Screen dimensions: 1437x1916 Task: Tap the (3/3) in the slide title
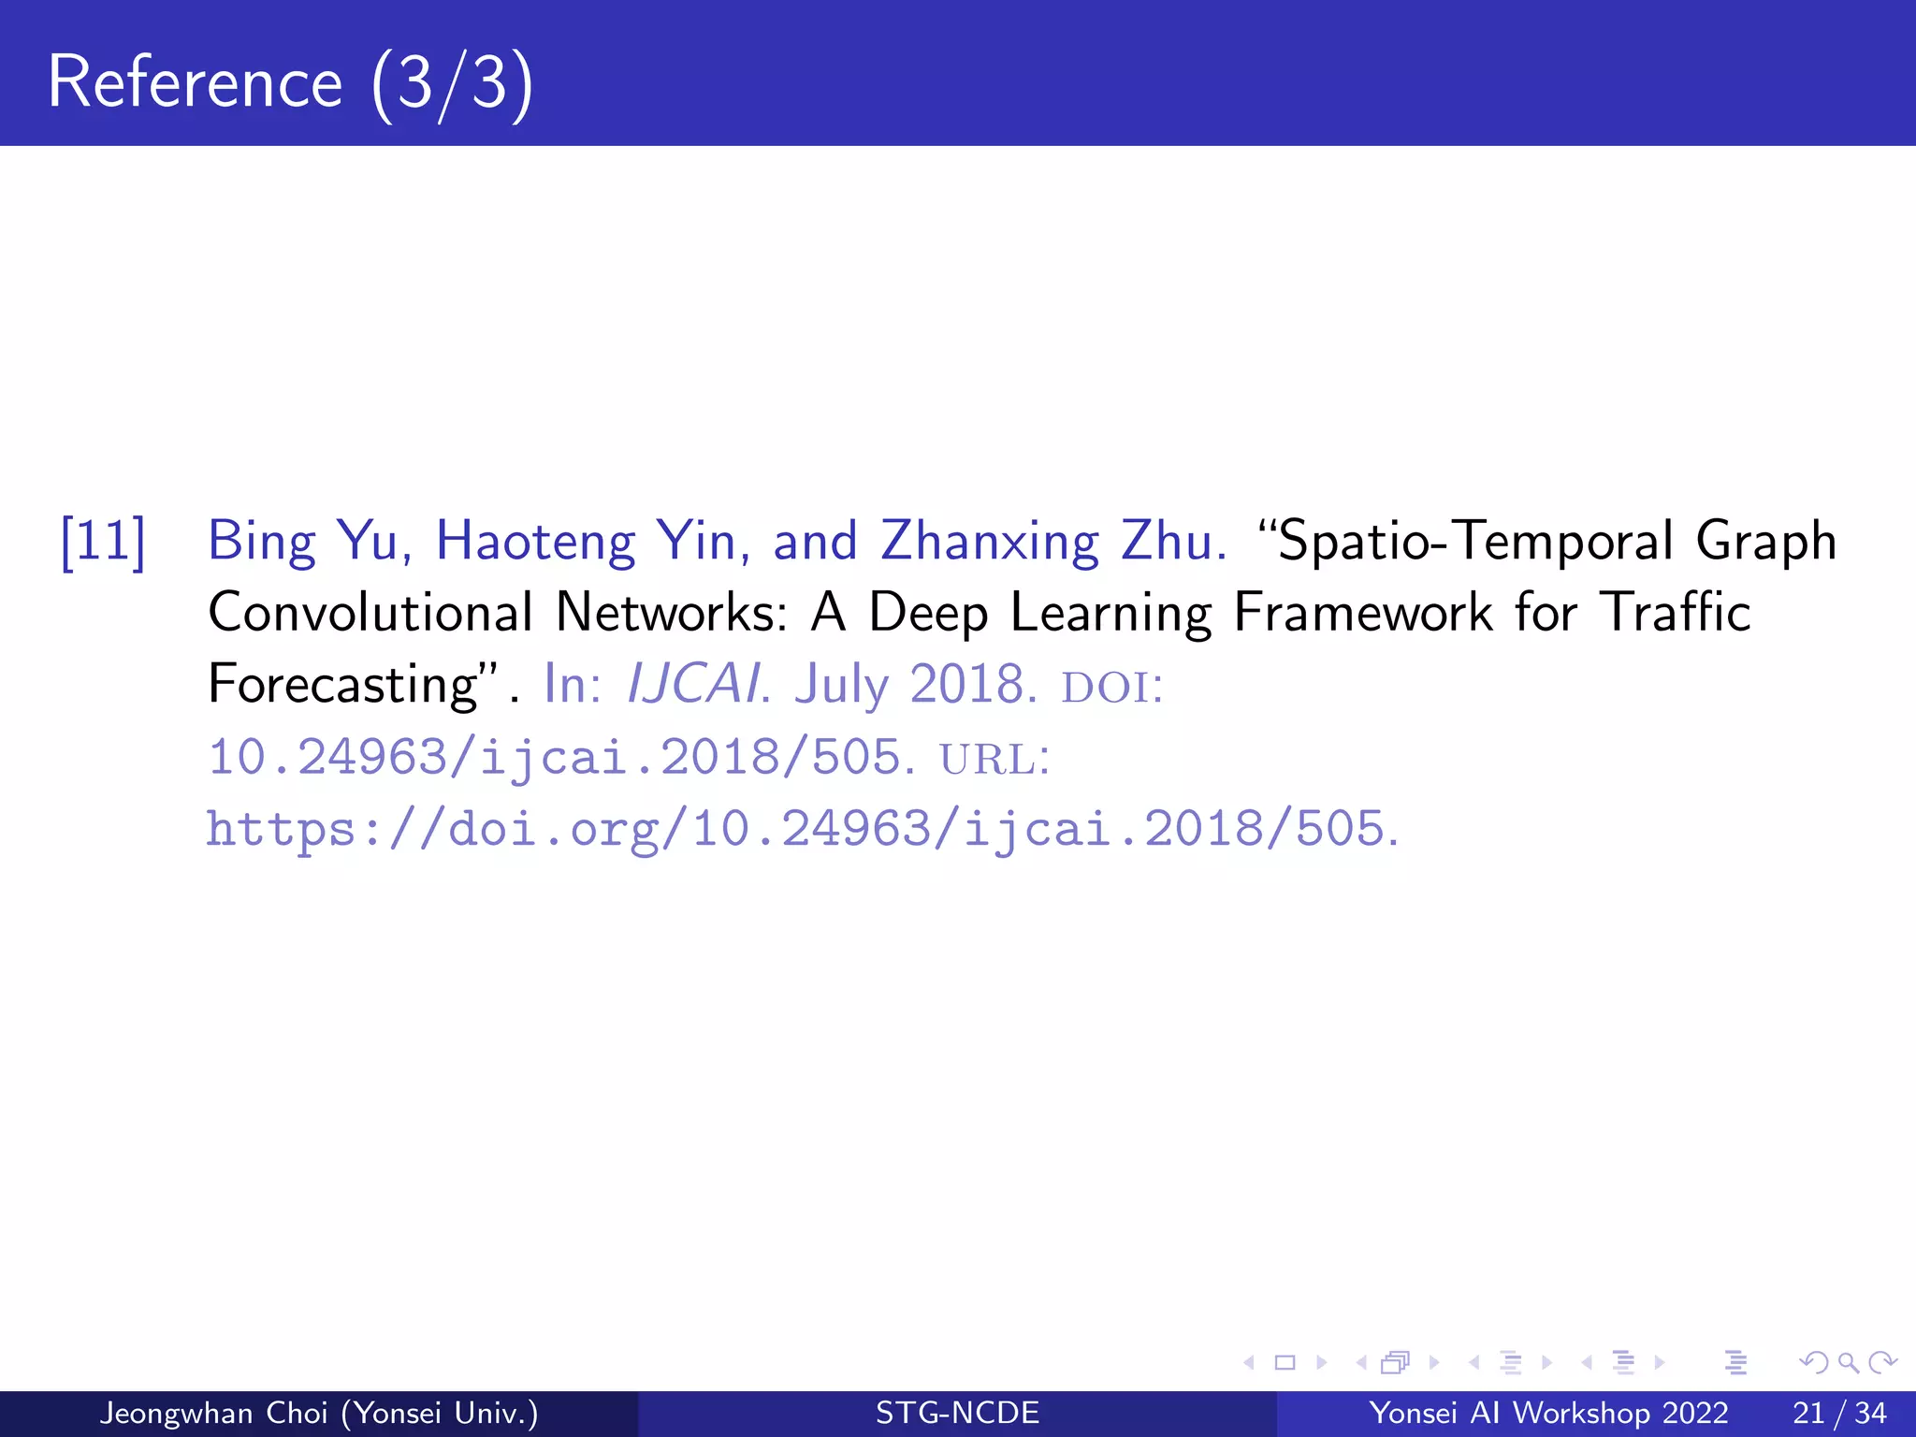452,84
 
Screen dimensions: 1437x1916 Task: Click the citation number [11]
103,542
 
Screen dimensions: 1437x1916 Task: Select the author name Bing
262,542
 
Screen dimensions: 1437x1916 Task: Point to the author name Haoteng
536,542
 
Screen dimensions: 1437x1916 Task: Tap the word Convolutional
370,613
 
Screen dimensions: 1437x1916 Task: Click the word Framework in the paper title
1363,613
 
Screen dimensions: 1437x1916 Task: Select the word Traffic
1675,613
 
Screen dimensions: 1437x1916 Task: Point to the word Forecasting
342,685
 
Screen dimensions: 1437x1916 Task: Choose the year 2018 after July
967,684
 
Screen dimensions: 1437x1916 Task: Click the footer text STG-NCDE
957,1413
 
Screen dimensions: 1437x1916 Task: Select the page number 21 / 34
1838,1413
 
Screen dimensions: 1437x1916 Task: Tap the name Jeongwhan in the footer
174,1413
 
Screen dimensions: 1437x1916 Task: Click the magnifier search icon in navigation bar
1847,1362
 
